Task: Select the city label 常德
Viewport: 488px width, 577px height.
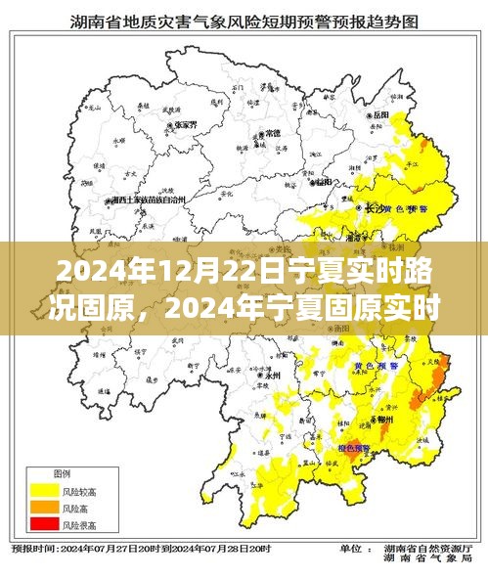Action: click(x=272, y=132)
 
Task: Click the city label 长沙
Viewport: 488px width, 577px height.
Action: click(x=374, y=208)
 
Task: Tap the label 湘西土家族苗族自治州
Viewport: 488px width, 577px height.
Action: click(x=150, y=199)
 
